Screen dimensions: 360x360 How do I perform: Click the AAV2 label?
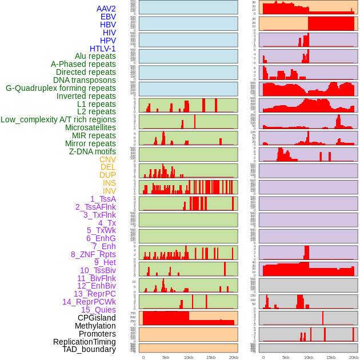click(106, 9)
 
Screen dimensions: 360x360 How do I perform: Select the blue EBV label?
click(108, 17)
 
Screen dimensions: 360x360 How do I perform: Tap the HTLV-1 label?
click(103, 49)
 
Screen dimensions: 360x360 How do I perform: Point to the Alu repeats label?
click(95, 56)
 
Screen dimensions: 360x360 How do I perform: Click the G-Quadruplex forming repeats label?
click(61, 88)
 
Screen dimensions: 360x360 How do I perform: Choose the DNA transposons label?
click(85, 80)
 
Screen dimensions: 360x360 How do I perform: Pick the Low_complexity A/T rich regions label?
click(58, 119)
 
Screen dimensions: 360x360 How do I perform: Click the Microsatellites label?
click(90, 127)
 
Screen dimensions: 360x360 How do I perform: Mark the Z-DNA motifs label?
click(93, 151)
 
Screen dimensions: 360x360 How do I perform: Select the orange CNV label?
click(107, 159)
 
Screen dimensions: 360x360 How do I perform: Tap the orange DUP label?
click(107, 175)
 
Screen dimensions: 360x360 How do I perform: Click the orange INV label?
click(109, 191)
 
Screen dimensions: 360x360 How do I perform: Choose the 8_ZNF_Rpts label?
click(93, 254)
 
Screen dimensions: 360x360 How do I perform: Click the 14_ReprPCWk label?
click(89, 302)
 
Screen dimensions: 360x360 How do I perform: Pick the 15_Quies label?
click(98, 310)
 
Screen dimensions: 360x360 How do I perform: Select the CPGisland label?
click(97, 318)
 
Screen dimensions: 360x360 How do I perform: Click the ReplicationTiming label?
click(84, 342)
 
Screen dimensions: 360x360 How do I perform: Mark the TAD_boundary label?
click(89, 349)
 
